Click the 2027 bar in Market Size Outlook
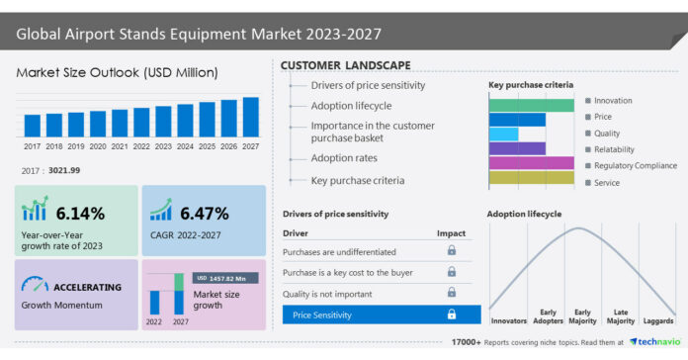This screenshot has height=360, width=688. (x=251, y=117)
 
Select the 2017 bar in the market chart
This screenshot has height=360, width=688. (x=33, y=126)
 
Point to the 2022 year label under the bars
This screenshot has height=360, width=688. (x=141, y=145)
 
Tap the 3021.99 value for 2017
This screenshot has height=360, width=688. (x=64, y=171)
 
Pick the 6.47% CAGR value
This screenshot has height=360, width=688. (x=204, y=213)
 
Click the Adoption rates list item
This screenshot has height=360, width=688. (x=344, y=157)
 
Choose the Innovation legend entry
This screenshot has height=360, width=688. (x=613, y=101)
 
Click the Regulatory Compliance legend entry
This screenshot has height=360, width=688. (x=635, y=165)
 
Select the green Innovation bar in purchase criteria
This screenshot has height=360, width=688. (x=531, y=105)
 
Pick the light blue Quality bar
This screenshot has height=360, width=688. (x=504, y=134)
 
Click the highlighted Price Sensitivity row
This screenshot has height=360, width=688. (x=382, y=315)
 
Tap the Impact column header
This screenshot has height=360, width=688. (x=451, y=232)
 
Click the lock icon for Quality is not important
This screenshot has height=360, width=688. (x=452, y=293)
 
